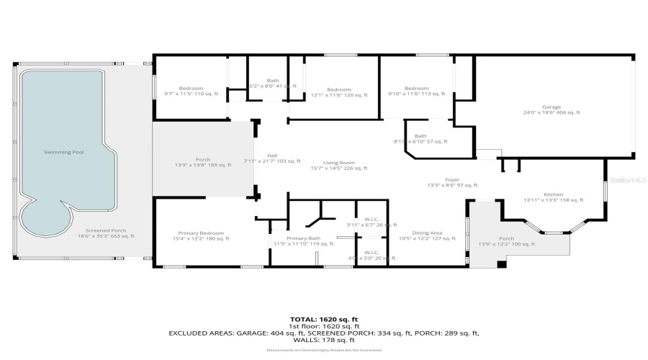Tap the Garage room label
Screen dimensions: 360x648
tap(552, 107)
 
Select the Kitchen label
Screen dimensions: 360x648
tap(553, 194)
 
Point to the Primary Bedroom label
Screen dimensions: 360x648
tap(202, 233)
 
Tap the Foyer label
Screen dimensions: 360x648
tap(451, 180)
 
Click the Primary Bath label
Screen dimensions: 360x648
tap(303, 239)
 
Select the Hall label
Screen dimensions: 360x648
tap(272, 156)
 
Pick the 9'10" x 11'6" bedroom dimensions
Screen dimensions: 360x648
tap(416, 94)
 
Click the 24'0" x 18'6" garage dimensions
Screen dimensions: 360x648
tap(552, 113)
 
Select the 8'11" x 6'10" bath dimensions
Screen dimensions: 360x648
tap(420, 142)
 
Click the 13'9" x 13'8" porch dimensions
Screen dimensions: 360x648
tap(203, 166)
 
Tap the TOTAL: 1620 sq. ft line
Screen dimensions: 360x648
tap(323, 318)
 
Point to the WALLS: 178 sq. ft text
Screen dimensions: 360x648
tap(323, 340)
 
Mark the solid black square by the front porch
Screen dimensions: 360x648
tap(501, 264)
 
